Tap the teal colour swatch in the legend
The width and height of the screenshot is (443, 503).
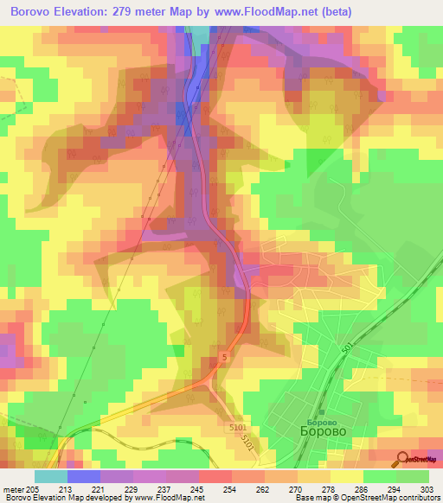click(51, 476)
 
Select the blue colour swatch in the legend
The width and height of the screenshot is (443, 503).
click(84, 476)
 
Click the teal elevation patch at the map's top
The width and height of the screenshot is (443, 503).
click(200, 37)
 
